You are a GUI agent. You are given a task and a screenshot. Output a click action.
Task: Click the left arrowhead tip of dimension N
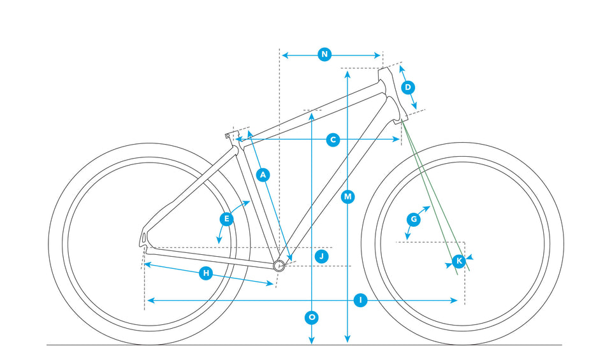pyautogui.click(x=282, y=55)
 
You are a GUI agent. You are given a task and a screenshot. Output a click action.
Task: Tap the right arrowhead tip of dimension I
pyautogui.click(x=457, y=300)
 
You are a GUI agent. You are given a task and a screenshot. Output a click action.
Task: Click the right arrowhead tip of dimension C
pyautogui.click(x=399, y=140)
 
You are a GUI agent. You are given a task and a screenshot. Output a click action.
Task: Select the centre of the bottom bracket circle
pyautogui.click(x=279, y=266)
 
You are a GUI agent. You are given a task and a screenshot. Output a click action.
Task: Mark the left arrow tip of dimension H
pyautogui.click(x=145, y=264)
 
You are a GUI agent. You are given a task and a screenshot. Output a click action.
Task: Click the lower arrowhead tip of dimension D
pyautogui.click(x=416, y=109)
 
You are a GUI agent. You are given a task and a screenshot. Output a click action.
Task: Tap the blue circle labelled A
pyautogui.click(x=263, y=175)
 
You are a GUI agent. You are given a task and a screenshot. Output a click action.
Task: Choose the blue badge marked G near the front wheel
pyautogui.click(x=414, y=219)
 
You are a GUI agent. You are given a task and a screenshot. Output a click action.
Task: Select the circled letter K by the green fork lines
pyautogui.click(x=459, y=261)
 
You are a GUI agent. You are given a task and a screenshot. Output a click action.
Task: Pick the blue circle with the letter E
pyautogui.click(x=226, y=219)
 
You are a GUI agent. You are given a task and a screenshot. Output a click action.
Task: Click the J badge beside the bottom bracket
pyautogui.click(x=321, y=256)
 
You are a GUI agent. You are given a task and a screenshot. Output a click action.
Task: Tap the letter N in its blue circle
pyautogui.click(x=324, y=54)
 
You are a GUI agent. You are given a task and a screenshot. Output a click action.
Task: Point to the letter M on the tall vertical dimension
pyautogui.click(x=348, y=197)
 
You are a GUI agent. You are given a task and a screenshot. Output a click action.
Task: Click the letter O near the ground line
pyautogui.click(x=312, y=317)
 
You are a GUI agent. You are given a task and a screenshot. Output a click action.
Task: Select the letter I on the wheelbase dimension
pyautogui.click(x=360, y=300)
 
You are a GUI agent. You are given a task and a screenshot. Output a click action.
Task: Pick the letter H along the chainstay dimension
pyautogui.click(x=206, y=273)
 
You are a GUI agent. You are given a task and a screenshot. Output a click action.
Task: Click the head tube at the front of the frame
pyautogui.click(x=392, y=96)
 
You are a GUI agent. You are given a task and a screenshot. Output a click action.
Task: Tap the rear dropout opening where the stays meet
pyautogui.click(x=143, y=238)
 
